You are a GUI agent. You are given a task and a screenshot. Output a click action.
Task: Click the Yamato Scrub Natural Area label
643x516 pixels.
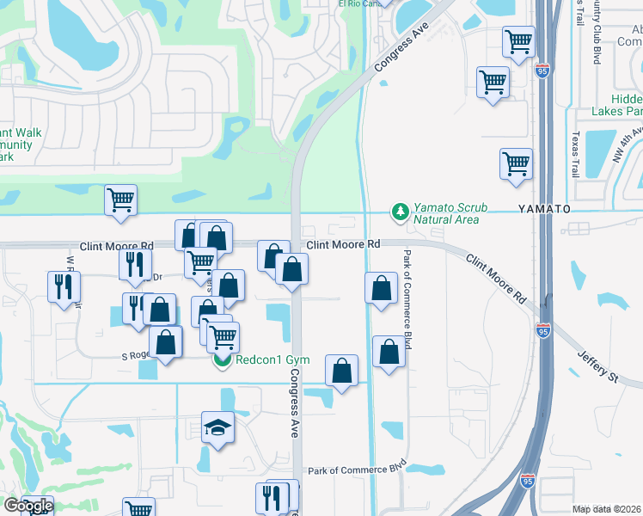point(446,213)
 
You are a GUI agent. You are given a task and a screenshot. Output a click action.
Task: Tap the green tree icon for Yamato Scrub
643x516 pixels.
point(399,211)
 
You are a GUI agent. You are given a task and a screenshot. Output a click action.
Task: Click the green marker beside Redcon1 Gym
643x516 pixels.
point(221,360)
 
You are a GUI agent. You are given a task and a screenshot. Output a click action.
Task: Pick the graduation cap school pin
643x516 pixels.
point(217,427)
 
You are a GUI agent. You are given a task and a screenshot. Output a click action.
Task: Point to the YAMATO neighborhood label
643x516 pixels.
point(543,209)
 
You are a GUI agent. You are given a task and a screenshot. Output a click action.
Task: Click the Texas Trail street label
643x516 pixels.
point(576,155)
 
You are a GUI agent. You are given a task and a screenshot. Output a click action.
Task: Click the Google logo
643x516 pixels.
point(28,506)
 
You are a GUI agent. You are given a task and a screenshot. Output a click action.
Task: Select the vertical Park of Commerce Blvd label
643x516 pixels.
point(407,298)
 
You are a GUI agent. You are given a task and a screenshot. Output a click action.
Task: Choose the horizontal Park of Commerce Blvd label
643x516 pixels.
point(357,469)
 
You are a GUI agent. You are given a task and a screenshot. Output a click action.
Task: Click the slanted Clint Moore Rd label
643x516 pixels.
point(497,277)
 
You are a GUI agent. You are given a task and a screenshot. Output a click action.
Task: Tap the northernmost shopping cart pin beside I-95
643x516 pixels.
point(518,40)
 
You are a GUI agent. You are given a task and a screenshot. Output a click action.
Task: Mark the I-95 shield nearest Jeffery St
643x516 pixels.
point(543,330)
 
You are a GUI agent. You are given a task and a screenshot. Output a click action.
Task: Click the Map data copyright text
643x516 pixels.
point(607,509)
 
